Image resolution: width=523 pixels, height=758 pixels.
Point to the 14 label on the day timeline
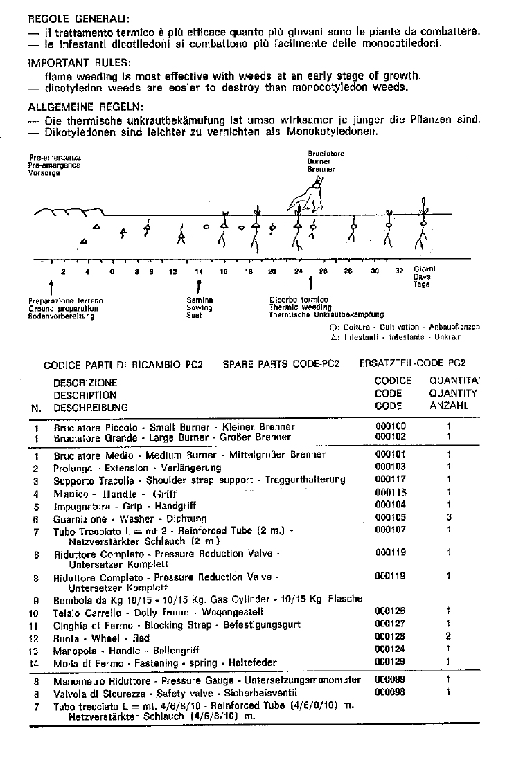199,272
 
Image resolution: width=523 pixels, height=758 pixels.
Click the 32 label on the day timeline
399,271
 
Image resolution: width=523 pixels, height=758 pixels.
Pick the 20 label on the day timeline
272,272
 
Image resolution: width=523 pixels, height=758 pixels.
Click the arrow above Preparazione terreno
52,286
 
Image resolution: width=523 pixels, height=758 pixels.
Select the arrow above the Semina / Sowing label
199,286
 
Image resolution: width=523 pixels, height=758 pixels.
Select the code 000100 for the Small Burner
391,427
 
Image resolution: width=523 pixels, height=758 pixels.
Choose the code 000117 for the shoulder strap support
391,480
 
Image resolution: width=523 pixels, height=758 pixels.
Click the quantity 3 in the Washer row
449,518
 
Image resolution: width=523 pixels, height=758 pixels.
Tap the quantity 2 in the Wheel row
449,637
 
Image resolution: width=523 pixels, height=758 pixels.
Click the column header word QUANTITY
453,393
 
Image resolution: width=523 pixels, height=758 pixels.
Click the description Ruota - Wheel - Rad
101,638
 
